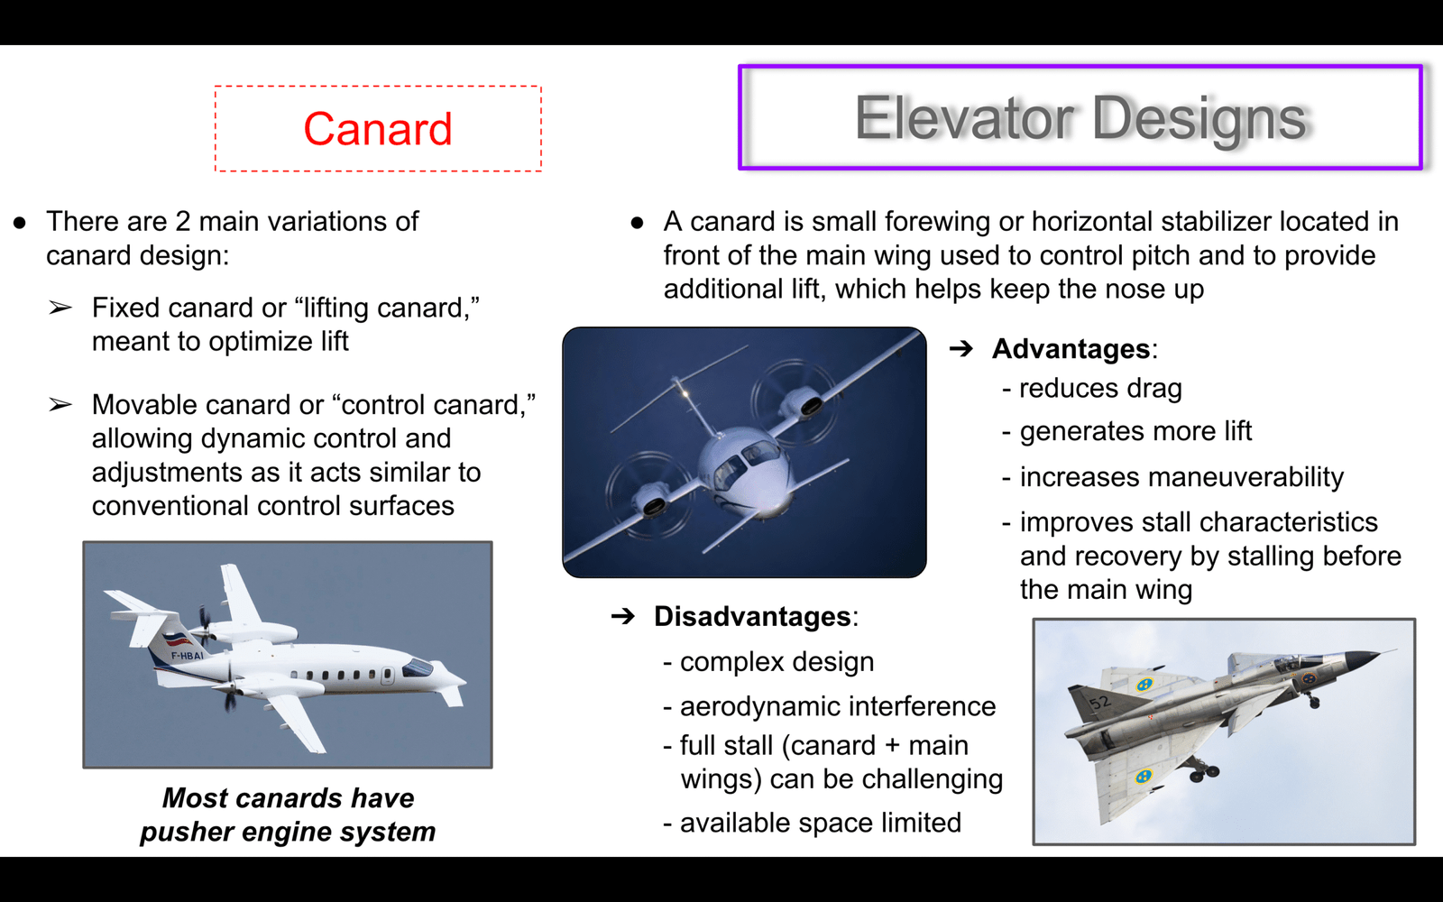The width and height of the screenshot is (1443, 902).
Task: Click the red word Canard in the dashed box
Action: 378,129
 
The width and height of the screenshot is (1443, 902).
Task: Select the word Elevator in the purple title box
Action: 964,118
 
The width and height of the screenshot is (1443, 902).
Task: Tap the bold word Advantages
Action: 1071,349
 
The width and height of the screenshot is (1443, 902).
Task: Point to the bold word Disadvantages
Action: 752,617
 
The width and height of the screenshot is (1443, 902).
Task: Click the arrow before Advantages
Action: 961,349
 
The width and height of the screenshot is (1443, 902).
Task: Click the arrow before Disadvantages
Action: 623,617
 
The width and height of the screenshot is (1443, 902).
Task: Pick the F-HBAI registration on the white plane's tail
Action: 187,656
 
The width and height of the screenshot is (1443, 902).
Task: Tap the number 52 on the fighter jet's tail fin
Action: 1099,702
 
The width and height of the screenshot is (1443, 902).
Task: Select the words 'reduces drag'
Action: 1100,389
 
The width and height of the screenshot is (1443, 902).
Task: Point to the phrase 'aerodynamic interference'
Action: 838,707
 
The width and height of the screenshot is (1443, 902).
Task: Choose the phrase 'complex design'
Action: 777,662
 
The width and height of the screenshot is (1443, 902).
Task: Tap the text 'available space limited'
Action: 821,823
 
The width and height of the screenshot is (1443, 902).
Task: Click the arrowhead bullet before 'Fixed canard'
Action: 60,308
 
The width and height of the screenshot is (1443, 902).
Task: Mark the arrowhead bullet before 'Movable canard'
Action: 60,405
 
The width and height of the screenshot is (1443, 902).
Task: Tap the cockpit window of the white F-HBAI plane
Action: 417,667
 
